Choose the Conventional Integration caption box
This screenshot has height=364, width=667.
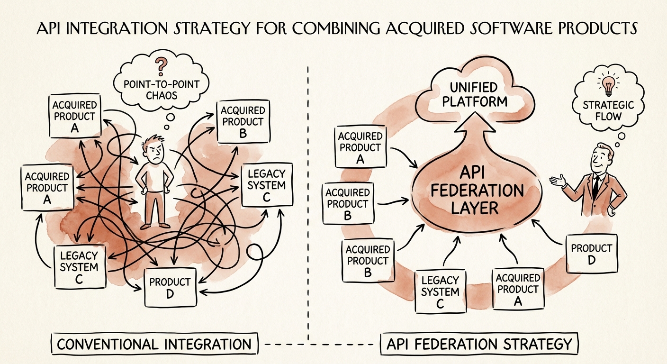[154, 344]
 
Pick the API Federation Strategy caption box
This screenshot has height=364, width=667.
[480, 344]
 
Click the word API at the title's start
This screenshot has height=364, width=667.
[51, 28]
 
